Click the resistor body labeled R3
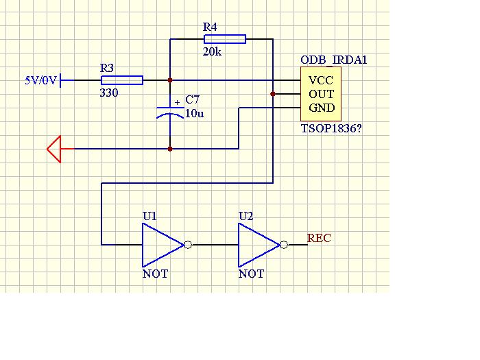click(x=122, y=80)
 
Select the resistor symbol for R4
click(x=225, y=39)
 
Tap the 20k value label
click(x=212, y=51)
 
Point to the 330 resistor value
click(x=109, y=93)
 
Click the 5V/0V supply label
click(x=40, y=80)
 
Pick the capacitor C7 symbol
click(x=170, y=112)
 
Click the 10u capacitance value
click(x=194, y=114)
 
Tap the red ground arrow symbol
click(x=54, y=149)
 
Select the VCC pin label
click(x=320, y=80)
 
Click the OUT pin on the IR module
click(x=321, y=94)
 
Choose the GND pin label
click(x=322, y=108)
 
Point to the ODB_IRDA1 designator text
click(x=334, y=60)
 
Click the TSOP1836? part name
click(x=331, y=128)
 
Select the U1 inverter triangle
click(x=163, y=245)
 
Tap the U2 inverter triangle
click(x=259, y=245)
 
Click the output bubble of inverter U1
click(x=188, y=245)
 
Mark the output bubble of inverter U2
click(x=284, y=245)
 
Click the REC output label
click(x=319, y=238)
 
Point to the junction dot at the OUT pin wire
click(x=273, y=94)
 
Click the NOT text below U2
click(x=251, y=274)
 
